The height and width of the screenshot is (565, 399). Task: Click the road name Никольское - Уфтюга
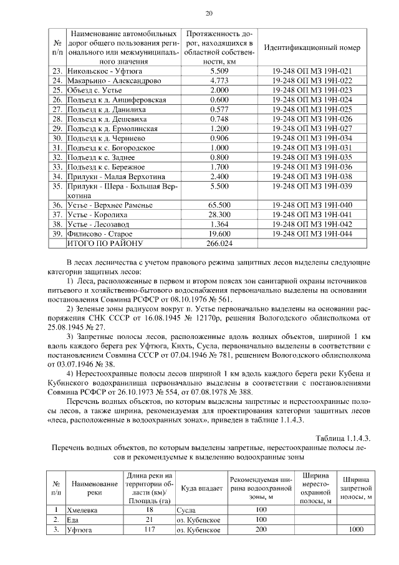(103, 71)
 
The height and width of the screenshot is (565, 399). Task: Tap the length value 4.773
(220, 81)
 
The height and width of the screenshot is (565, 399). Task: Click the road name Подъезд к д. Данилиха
(108, 109)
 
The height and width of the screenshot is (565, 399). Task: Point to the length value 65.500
(220, 205)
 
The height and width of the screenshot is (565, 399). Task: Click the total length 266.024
(220, 243)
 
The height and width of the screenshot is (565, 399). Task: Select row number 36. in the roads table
(57, 205)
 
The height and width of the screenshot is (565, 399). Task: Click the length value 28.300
(220, 214)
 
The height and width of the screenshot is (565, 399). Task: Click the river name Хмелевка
(85, 509)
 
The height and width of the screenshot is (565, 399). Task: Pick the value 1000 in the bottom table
(357, 529)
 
